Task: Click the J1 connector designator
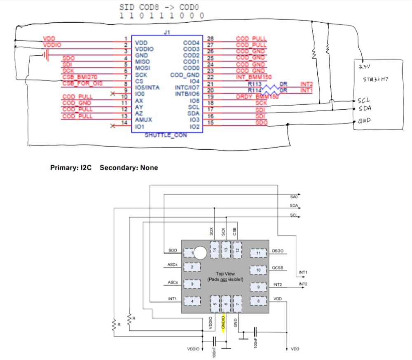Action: [167, 32]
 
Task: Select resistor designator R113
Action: [255, 84]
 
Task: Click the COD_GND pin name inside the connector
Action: [185, 75]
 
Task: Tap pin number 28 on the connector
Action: [210, 39]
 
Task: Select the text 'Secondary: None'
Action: [129, 168]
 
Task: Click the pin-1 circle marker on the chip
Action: [200, 252]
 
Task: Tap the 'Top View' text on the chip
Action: [226, 274]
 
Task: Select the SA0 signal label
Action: [293, 197]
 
